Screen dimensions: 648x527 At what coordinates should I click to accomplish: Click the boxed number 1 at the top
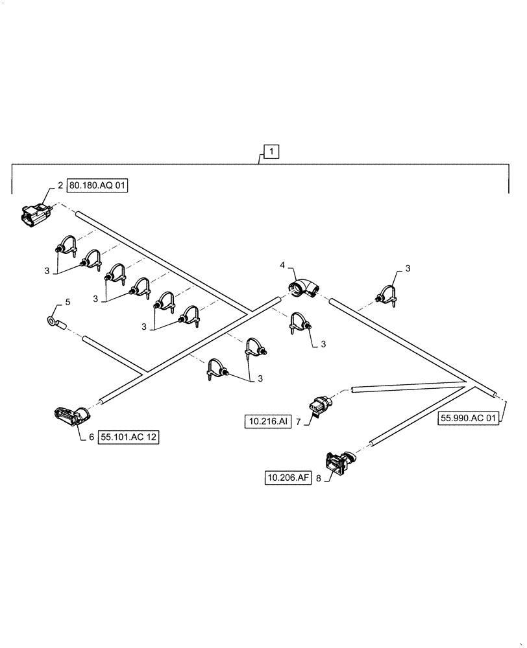point(272,152)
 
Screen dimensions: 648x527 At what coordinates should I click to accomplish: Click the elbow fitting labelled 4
point(302,288)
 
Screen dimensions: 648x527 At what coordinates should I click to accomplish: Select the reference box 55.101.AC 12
point(129,437)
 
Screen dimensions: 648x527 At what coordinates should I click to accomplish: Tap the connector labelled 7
point(320,403)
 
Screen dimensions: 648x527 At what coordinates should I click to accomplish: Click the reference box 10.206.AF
point(288,478)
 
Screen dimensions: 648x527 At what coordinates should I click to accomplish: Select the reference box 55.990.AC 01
point(468,419)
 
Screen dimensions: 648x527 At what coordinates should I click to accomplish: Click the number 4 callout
point(282,265)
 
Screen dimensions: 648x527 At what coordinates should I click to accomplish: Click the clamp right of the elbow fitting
point(388,295)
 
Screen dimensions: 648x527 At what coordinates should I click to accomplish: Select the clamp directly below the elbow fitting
point(299,323)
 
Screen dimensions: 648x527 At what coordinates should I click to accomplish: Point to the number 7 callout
point(298,422)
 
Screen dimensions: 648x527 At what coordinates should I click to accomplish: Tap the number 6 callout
point(91,437)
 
